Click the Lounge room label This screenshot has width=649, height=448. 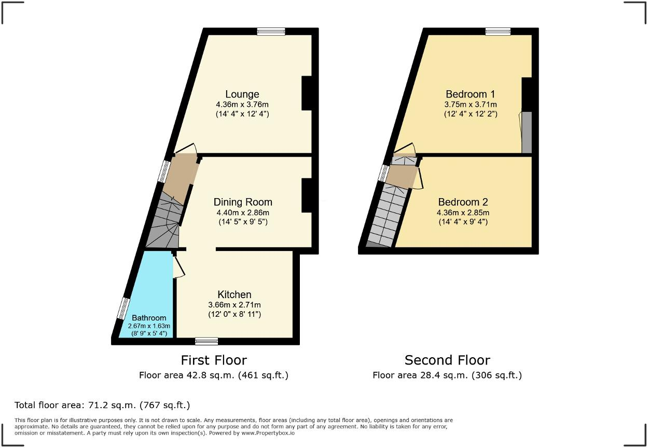tap(242, 94)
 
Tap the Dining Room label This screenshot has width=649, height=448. tap(243, 202)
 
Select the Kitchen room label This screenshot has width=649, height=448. tap(234, 295)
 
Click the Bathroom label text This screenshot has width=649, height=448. tap(149, 318)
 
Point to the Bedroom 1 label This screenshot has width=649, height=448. tap(471, 94)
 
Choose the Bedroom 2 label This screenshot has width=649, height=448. tap(463, 202)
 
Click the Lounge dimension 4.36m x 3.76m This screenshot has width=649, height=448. tap(242, 104)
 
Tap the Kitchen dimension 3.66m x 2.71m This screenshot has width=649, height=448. tap(234, 305)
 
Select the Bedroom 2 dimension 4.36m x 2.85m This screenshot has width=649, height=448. tap(463, 213)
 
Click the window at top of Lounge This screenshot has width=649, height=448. tap(271, 31)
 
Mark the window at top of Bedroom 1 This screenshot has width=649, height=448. tap(498, 31)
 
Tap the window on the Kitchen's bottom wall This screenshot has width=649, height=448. tap(206, 341)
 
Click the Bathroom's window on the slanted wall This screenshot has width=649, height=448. tap(122, 309)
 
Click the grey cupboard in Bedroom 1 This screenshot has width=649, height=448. tap(527, 132)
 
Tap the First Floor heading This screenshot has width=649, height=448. tap(214, 360)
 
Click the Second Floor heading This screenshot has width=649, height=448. tap(447, 360)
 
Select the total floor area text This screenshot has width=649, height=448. tap(102, 405)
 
